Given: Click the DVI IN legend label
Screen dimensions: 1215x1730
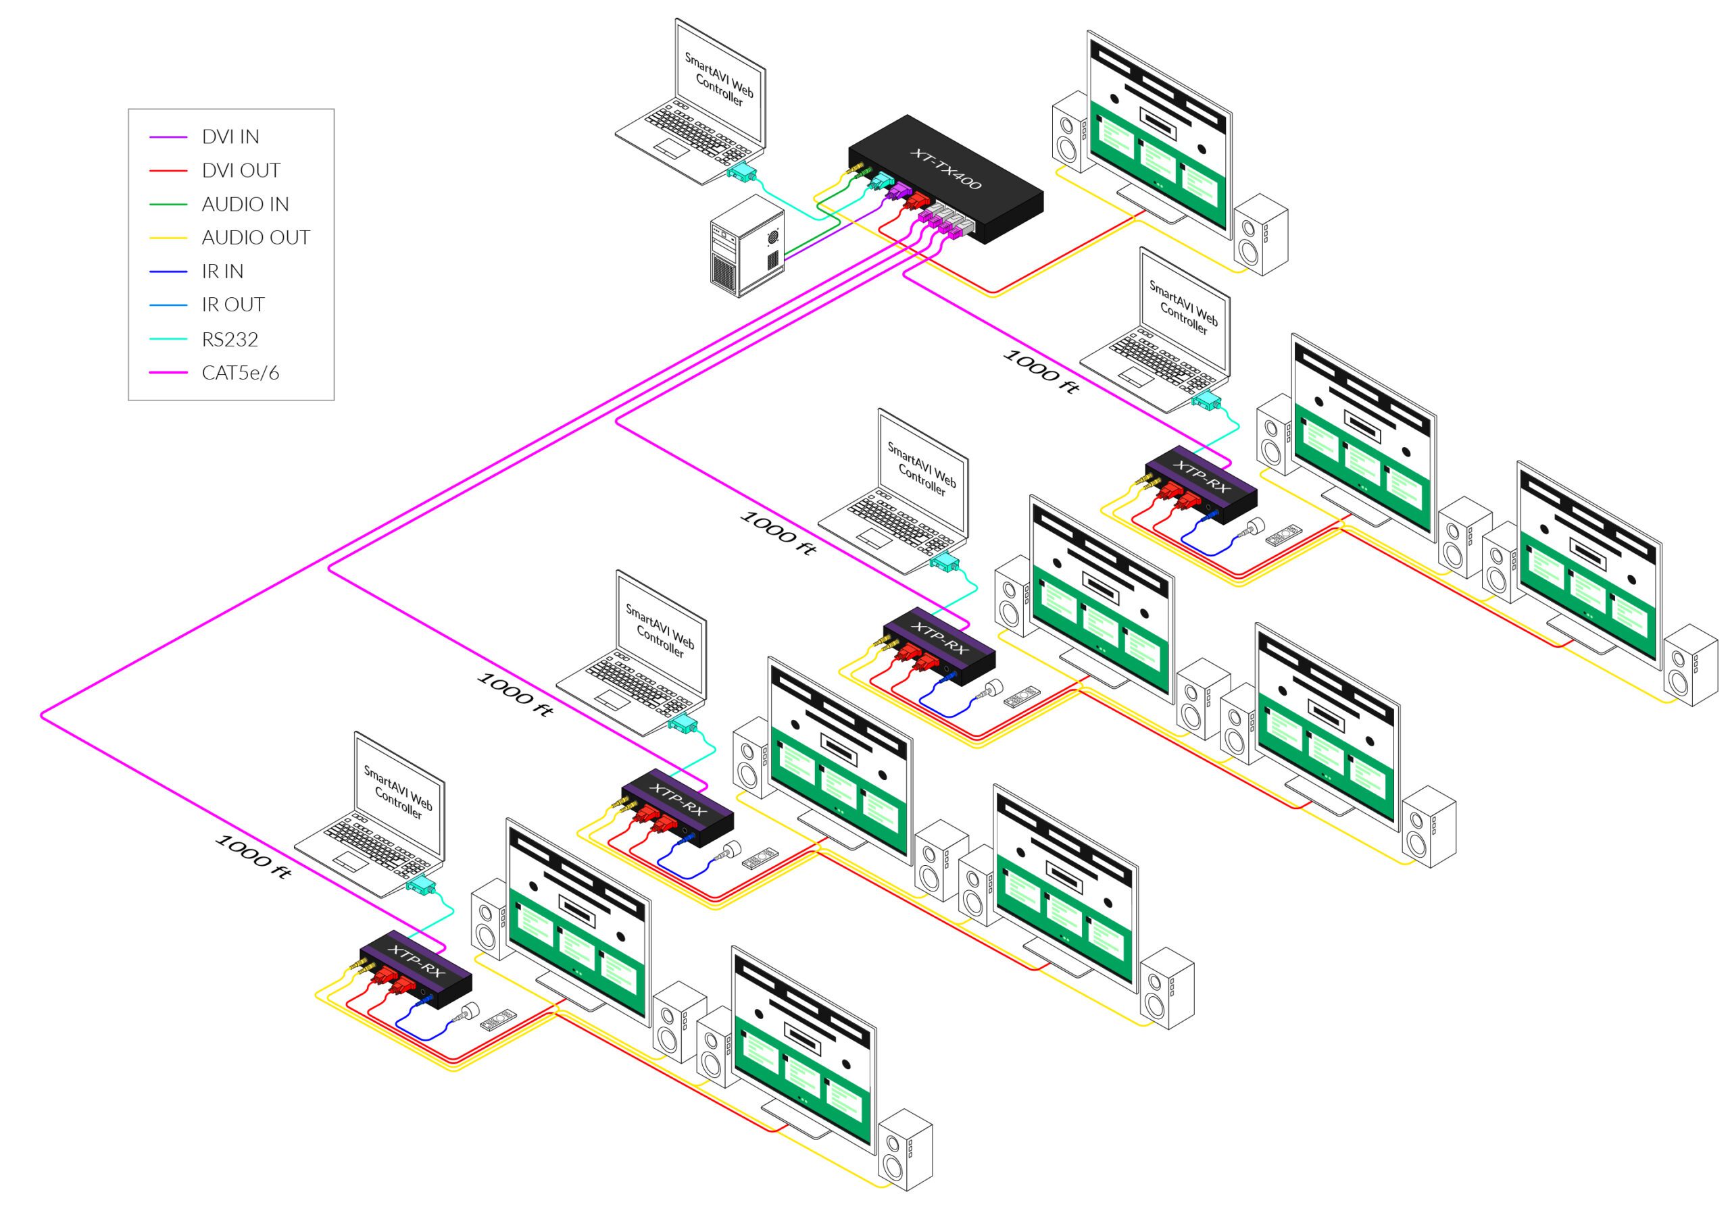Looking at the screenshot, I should coord(230,137).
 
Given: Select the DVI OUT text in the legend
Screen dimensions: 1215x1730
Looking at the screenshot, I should coord(241,171).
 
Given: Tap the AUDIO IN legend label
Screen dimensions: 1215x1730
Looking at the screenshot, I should coord(245,204).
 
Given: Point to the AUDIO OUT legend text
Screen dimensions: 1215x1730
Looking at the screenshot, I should coord(255,238).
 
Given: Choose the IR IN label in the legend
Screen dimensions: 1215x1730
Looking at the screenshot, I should coord(222,272).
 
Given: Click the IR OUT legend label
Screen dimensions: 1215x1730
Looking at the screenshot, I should coord(233,305).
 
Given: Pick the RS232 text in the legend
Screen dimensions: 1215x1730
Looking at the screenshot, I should coord(230,339).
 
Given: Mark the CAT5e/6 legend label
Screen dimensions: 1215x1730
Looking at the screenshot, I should coord(241,373).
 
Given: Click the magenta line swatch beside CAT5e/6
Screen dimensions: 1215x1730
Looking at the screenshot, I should coord(168,373).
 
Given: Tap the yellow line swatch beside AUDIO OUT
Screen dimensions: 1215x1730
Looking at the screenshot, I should coord(168,238).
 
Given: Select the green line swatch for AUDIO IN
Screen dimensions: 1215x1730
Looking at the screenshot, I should coord(168,204).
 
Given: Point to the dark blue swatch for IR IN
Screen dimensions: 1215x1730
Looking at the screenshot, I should coord(168,272).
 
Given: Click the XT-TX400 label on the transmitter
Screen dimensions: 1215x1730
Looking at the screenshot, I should coord(945,169).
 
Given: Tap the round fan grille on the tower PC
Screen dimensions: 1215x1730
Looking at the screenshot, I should coord(772,236).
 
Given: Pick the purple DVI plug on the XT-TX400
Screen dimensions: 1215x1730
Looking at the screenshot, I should coord(897,192).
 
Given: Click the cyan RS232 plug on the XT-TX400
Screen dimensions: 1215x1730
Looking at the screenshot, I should coord(879,181).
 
